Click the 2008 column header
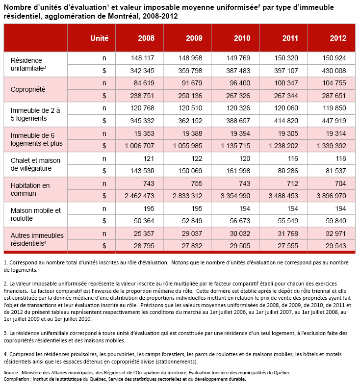click(146, 38)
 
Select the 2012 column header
click(338, 38)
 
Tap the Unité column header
click(100, 38)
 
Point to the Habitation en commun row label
click(30, 189)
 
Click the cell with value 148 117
click(143, 58)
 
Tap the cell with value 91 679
click(191, 83)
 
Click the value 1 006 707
click(138, 145)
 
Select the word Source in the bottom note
click(12, 372)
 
